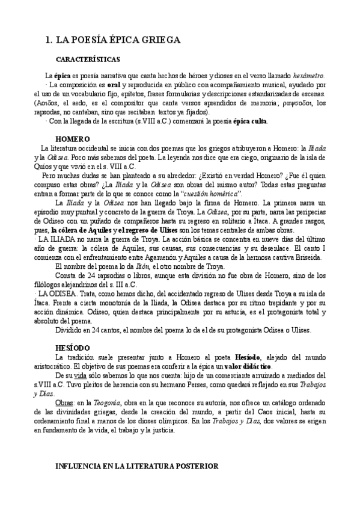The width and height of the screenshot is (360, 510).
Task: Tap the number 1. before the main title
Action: point(49,40)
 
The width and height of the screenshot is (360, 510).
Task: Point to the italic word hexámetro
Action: point(309,76)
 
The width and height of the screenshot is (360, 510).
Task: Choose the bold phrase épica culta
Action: point(250,120)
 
